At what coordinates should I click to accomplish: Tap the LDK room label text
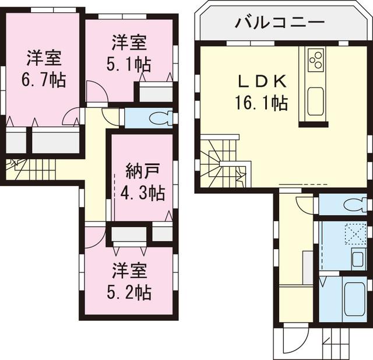tap(261, 81)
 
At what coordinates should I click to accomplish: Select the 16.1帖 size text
tap(261, 103)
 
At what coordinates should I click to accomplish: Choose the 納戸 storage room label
tap(143, 171)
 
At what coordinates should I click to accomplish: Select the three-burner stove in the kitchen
tap(316, 59)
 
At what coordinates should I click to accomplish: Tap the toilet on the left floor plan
tap(160, 118)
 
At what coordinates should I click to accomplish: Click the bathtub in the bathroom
tap(352, 298)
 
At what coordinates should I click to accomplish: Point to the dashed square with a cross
tap(353, 233)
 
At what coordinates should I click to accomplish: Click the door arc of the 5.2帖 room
tap(93, 238)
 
